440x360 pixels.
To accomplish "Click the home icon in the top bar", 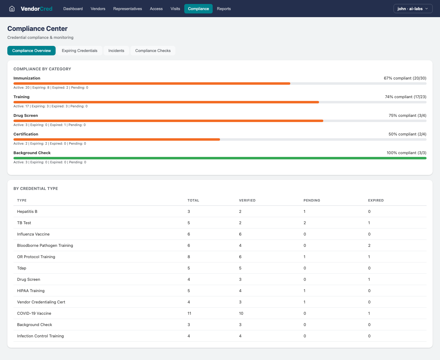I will point(12,9).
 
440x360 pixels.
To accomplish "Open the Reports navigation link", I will point(224,9).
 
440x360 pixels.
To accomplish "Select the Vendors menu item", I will point(98,9).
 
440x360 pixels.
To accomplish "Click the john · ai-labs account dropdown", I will point(413,9).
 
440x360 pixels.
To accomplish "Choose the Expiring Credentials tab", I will point(79,50).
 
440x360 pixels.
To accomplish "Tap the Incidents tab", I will point(116,50).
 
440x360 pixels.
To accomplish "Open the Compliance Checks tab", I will point(153,50).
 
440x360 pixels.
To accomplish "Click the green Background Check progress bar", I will point(220,158).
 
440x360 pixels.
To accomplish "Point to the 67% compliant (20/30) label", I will point(405,78).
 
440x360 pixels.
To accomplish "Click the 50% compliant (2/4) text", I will point(407,134).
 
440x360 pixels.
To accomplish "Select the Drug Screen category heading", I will point(26,115).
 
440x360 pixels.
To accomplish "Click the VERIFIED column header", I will point(247,200).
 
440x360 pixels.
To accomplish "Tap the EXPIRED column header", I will point(376,200).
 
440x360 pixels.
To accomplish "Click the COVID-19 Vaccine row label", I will point(34,313).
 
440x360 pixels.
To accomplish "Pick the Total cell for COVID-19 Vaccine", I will point(189,313).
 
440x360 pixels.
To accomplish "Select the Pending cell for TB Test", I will point(305,223).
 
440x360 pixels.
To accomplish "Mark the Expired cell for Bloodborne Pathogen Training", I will point(369,245).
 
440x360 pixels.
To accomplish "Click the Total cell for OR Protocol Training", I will point(189,257).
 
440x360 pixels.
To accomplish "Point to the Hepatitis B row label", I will point(27,211).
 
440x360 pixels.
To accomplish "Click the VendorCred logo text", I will point(37,9).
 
